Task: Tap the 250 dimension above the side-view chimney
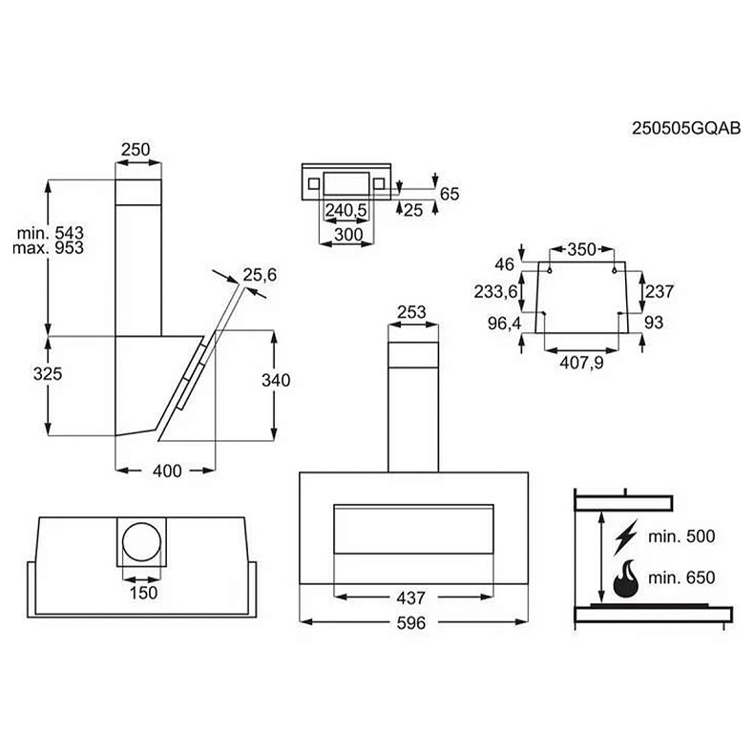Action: pos(136,149)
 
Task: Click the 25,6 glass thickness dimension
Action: pos(259,275)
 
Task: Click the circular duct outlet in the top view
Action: pos(139,542)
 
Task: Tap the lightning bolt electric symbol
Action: pos(627,536)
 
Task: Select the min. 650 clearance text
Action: pos(681,577)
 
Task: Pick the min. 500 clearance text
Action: pos(681,537)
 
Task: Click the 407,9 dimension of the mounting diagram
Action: pos(581,362)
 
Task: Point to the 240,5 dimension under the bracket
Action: pos(346,210)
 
